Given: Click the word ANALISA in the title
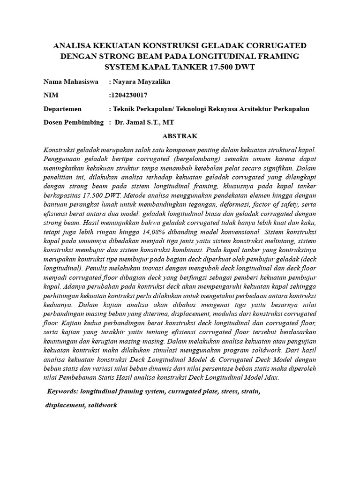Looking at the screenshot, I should (73, 46).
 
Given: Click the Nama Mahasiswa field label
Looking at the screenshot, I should (71, 82).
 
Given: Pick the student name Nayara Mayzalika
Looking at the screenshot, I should (141, 82).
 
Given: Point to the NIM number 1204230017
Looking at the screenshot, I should (129, 95).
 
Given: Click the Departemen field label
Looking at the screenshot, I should (62, 109).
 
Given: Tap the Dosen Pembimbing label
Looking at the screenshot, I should (73, 122).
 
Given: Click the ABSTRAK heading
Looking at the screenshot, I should (180, 136).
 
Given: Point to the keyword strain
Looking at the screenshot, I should (249, 390).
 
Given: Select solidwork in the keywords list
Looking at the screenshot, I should (102, 405).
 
